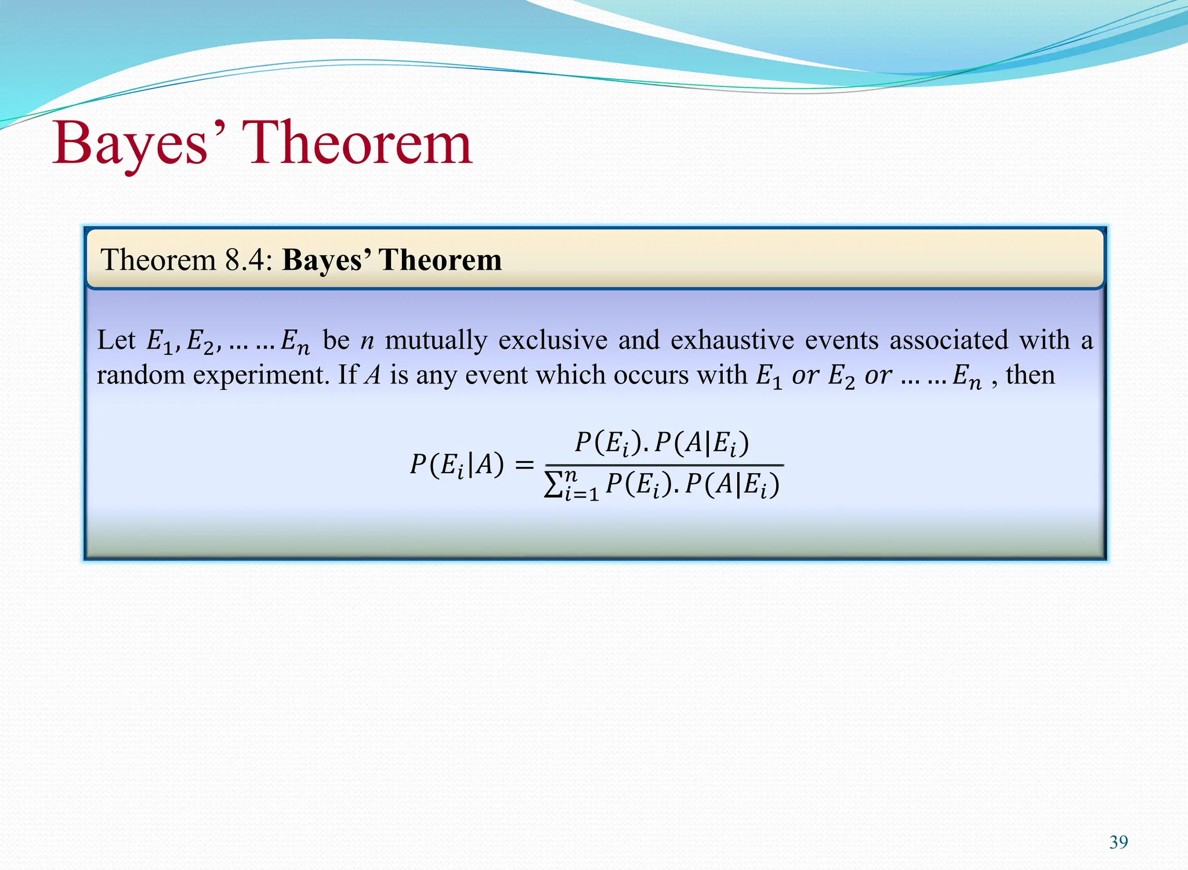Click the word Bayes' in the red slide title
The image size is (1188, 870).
[x=131, y=144]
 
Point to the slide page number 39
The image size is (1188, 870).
[x=1118, y=842]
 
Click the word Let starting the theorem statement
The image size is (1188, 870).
[x=116, y=340]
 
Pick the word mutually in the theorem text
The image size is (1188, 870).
[x=436, y=340]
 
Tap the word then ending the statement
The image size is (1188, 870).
[x=1030, y=375]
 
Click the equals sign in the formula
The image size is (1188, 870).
[x=524, y=465]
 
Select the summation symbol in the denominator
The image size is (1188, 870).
[x=553, y=485]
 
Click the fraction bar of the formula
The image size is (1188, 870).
[x=664, y=465]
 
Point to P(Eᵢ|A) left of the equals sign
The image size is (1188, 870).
[x=457, y=465]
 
